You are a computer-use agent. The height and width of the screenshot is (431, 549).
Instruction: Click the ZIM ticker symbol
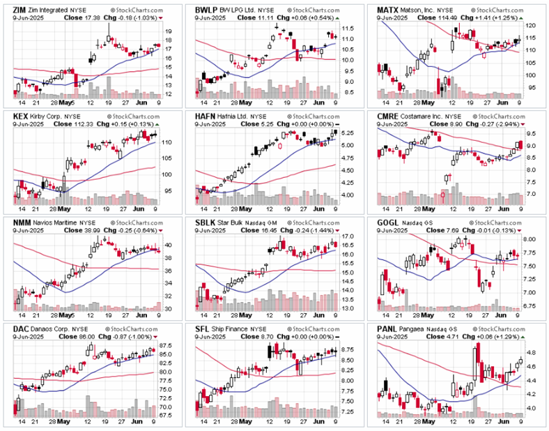click(x=21, y=9)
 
